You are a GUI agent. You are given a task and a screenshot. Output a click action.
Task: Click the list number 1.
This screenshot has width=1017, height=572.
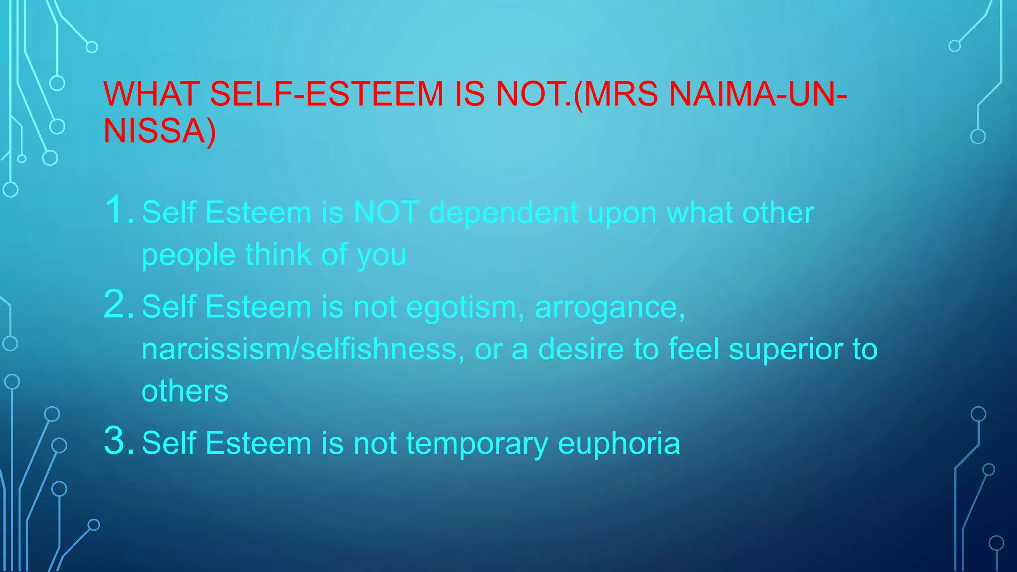[x=118, y=210]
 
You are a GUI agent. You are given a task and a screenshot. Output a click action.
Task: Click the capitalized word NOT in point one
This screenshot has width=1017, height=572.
[x=385, y=213]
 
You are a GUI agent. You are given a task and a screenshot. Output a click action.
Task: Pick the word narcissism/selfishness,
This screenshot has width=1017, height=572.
[x=303, y=349]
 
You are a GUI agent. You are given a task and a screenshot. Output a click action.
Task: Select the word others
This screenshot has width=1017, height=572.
[x=185, y=391]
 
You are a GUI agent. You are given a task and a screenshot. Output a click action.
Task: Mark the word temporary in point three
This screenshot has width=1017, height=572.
[x=477, y=444]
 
